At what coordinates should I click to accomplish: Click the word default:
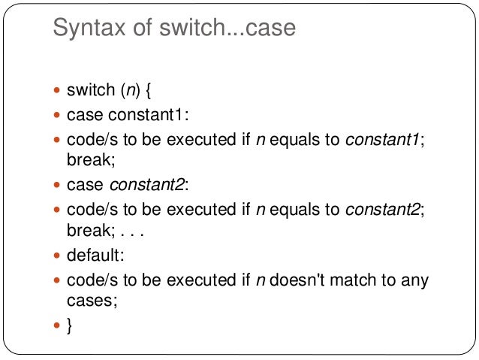click(95, 256)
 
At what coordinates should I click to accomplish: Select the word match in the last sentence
click(363, 280)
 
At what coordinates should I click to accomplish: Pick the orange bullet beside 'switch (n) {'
click(58, 92)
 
